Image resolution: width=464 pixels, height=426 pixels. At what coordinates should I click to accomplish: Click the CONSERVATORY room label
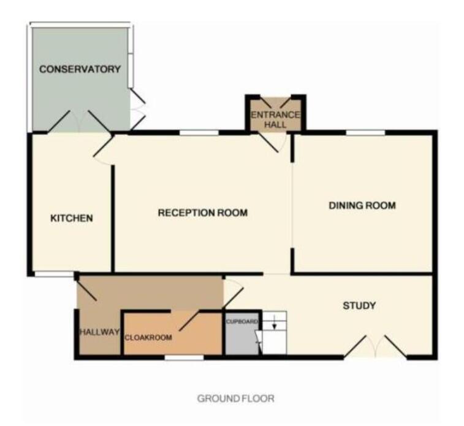(80, 69)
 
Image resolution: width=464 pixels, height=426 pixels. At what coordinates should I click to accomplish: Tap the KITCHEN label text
(71, 218)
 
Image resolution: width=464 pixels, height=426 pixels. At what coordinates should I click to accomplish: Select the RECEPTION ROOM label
(202, 213)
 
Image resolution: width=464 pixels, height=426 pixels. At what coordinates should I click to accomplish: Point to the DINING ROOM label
(362, 205)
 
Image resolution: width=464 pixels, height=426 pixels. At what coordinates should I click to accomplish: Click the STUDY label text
(359, 305)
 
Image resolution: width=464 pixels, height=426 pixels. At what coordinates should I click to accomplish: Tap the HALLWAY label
(98, 332)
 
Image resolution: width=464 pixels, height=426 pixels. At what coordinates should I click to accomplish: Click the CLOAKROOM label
(148, 337)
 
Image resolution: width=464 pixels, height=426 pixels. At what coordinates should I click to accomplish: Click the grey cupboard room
(243, 338)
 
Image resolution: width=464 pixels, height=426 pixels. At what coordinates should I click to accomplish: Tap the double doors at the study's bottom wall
(375, 347)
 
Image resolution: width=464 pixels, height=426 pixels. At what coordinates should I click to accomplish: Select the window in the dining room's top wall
(365, 132)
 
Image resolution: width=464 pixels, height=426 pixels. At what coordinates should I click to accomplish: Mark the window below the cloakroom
(184, 357)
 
